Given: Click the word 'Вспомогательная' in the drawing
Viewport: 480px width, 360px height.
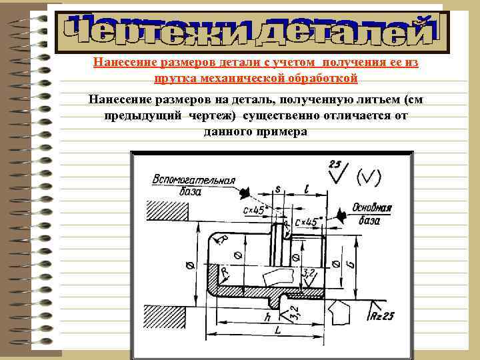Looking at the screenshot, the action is pyautogui.click(x=194, y=180).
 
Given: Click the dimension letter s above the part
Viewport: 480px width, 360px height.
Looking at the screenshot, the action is pyautogui.click(x=277, y=189).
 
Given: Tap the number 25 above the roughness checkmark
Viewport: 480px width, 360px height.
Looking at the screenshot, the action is pyautogui.click(x=335, y=164).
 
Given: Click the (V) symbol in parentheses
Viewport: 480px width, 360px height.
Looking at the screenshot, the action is pyautogui.click(x=369, y=177).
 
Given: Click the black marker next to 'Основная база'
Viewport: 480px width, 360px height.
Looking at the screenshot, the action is pyautogui.click(x=342, y=214).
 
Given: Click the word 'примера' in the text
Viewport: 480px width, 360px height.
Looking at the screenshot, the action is pyautogui.click(x=281, y=131).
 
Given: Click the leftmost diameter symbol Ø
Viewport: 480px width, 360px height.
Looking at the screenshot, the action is pyautogui.click(x=191, y=265).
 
